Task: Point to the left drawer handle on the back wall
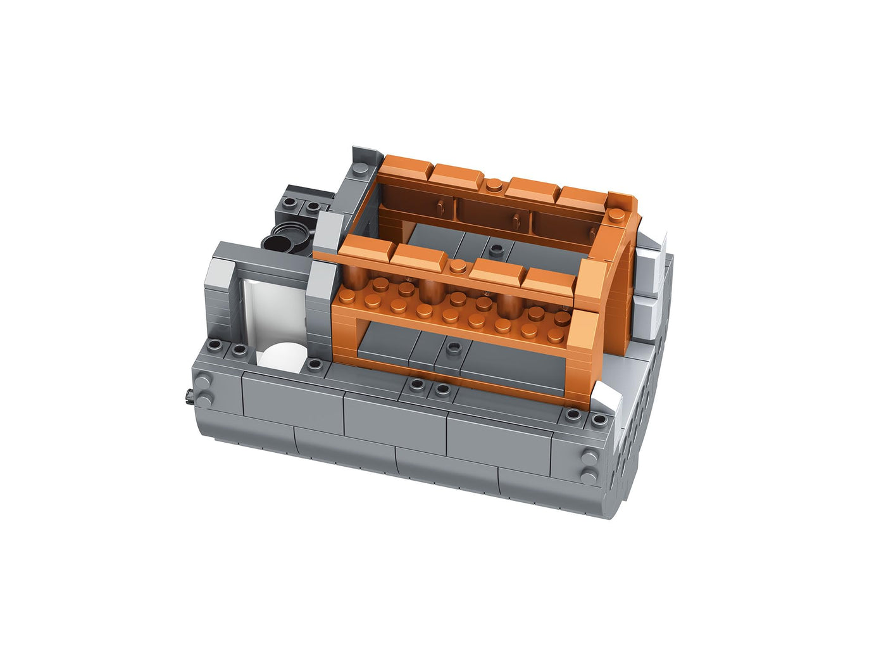point(439,206)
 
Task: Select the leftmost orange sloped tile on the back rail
point(406,167)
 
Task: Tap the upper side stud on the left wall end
point(205,381)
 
